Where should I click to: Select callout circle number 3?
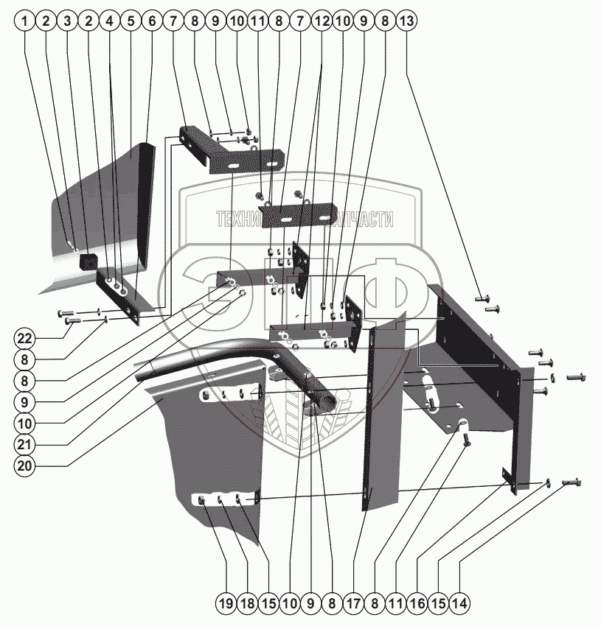coord(68,21)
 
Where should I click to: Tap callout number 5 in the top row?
coord(130,21)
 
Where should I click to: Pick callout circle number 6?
coord(151,21)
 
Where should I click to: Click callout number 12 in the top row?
coord(319,21)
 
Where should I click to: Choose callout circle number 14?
coord(459,604)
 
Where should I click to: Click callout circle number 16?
coord(417,604)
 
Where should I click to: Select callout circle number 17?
coord(353,604)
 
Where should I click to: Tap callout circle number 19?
coord(226,604)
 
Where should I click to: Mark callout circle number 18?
coord(247,604)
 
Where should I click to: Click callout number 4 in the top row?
coord(109,21)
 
